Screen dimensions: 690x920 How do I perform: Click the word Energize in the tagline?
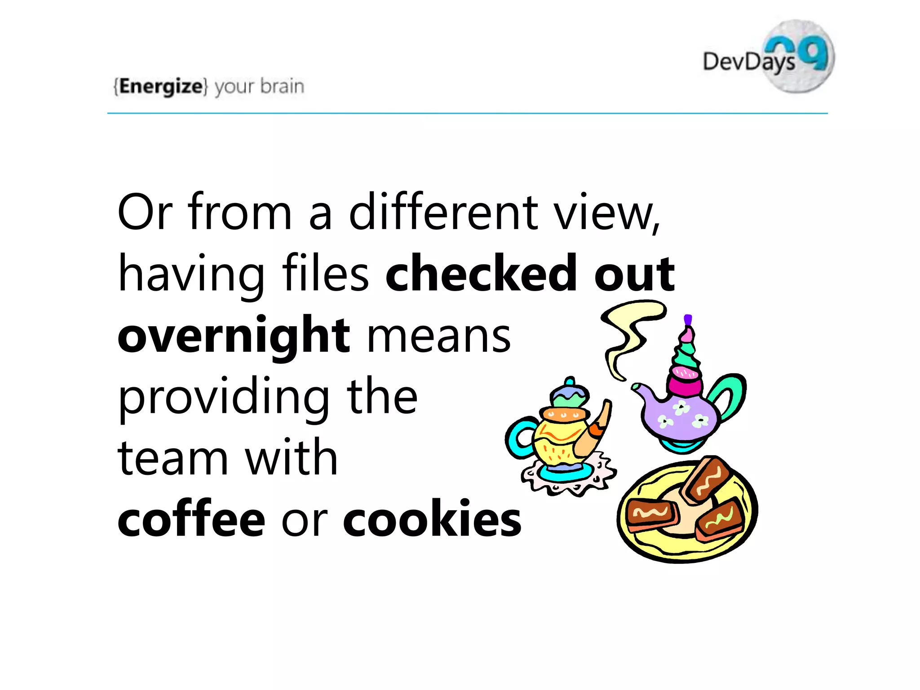[x=161, y=86]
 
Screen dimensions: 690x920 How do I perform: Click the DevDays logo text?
[x=748, y=62]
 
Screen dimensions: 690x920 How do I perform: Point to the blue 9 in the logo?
[x=816, y=53]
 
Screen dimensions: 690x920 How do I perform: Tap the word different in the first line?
[x=444, y=212]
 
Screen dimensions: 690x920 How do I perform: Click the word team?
[x=172, y=458]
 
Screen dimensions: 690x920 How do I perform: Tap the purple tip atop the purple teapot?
[x=688, y=319]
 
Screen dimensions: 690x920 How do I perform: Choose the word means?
[x=439, y=336]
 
